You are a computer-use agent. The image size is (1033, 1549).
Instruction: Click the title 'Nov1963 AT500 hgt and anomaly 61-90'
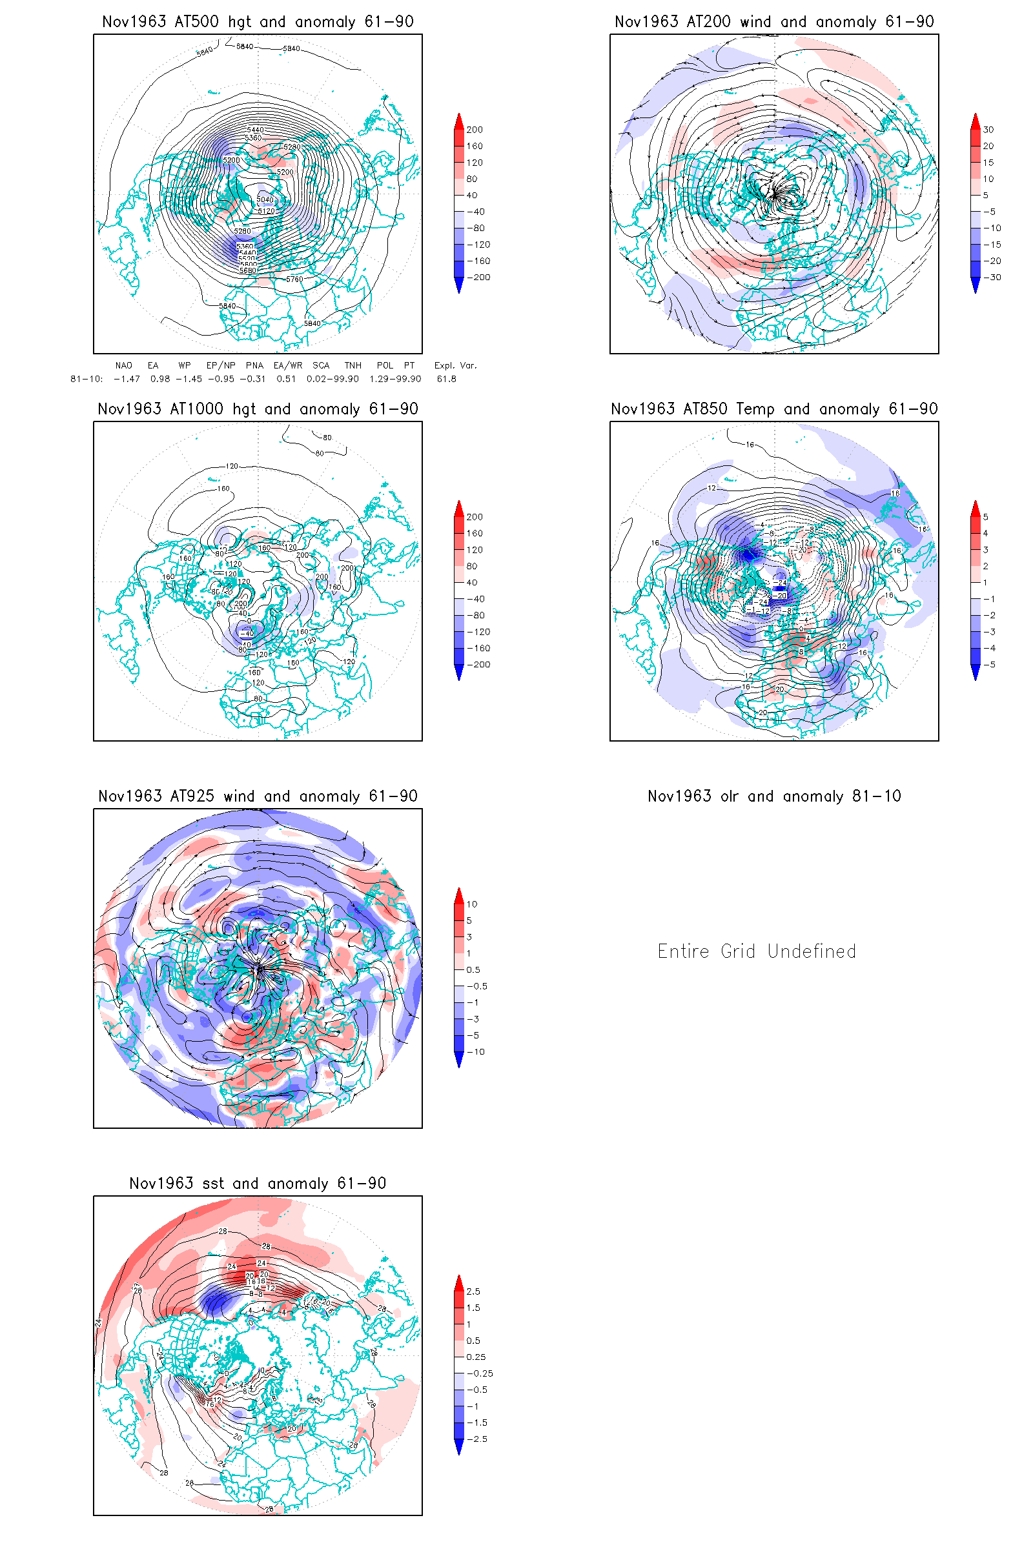click(x=258, y=22)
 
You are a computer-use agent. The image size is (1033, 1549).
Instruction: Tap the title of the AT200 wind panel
click(x=774, y=22)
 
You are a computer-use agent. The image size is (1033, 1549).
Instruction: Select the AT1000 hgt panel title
click(x=258, y=409)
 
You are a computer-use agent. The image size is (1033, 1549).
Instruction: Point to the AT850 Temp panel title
click(x=774, y=409)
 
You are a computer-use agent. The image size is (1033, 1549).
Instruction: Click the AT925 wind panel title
click(x=258, y=796)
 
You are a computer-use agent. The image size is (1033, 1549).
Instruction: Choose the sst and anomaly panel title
click(x=258, y=1184)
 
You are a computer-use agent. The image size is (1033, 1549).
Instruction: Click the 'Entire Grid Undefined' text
click(x=757, y=951)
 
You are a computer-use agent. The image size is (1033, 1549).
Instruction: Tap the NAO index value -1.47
click(x=127, y=379)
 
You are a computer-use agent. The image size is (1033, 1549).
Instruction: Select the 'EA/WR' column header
click(x=288, y=365)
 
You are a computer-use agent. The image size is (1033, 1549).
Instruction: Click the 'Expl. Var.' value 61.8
click(x=446, y=379)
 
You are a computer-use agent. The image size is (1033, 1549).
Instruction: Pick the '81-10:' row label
click(x=87, y=379)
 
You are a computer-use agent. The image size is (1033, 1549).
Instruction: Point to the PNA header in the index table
click(x=254, y=365)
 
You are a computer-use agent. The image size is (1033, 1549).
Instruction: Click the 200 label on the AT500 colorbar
click(x=475, y=130)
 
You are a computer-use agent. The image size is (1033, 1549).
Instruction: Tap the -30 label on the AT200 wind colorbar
click(x=992, y=278)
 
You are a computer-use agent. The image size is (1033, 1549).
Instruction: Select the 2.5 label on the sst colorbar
click(x=473, y=1291)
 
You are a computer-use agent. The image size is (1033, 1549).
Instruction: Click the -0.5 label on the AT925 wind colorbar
click(x=477, y=986)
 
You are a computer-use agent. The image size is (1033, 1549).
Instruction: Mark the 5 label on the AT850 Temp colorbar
click(x=986, y=517)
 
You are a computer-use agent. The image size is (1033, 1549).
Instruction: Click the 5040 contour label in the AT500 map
click(x=265, y=199)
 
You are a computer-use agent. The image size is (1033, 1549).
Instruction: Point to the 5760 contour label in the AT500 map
click(x=294, y=279)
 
